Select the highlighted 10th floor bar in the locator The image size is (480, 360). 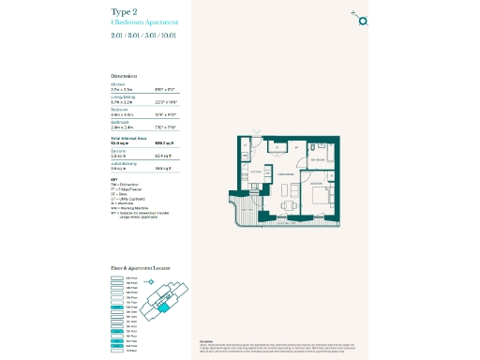click(117, 307)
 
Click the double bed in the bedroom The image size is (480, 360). click(320, 196)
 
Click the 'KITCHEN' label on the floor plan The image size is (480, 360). click(255, 172)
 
